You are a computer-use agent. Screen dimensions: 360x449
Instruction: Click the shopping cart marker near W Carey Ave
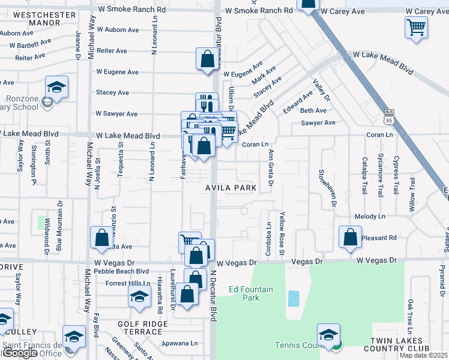tap(416, 27)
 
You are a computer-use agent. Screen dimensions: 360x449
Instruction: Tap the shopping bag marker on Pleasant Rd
tap(350, 237)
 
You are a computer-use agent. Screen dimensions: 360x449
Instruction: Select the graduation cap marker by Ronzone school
tap(56, 88)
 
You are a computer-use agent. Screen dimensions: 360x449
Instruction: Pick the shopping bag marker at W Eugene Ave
tap(206, 59)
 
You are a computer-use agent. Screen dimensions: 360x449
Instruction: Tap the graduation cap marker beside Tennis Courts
tap(328, 335)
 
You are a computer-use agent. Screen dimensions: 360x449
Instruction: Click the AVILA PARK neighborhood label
tap(231, 188)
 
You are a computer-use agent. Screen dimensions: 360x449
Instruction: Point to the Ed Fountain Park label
tap(252, 293)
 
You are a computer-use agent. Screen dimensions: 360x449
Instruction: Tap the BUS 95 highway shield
tap(388, 116)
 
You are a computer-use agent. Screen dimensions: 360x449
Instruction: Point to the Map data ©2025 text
tap(424, 355)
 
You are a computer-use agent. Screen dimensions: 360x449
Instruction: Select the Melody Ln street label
tap(369, 216)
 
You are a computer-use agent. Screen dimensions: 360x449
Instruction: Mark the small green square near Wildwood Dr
tap(42, 221)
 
